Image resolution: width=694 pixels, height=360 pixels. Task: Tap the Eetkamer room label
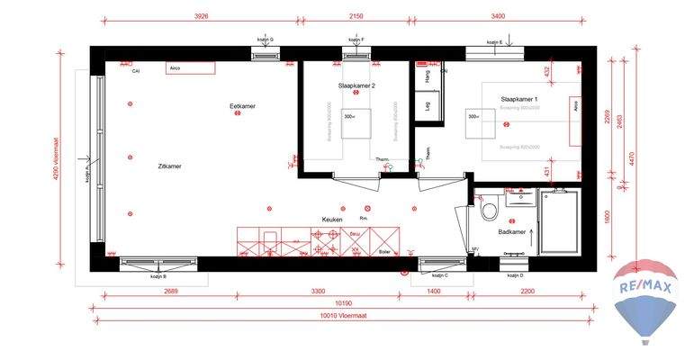pos(242,106)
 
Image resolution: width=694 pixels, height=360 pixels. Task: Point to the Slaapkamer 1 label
pos(519,99)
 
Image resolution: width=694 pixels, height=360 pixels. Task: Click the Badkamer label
pos(511,231)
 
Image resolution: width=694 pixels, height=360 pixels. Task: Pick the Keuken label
pos(333,219)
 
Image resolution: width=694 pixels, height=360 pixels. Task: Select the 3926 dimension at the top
pos(208,15)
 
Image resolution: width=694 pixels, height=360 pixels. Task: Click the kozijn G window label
pos(265,40)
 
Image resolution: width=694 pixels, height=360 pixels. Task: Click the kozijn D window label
pos(514,275)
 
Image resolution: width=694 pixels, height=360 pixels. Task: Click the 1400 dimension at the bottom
pos(434,292)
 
